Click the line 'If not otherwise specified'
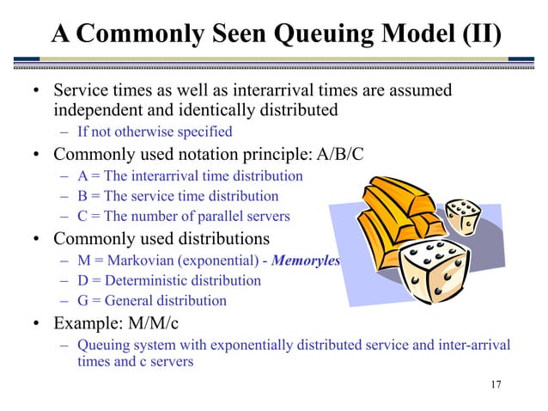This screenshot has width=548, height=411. coord(155,132)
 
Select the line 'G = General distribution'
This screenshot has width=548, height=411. coord(152,301)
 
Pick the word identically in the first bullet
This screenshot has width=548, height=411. coord(204,111)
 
